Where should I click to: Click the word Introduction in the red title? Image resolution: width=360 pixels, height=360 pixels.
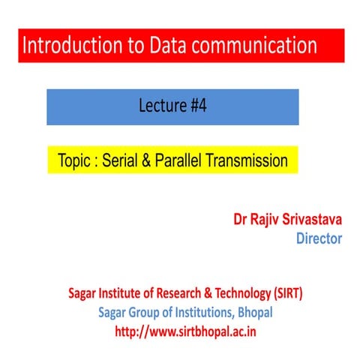pyautogui.click(x=67, y=46)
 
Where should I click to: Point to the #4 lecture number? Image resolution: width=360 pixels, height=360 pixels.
pyautogui.click(x=195, y=106)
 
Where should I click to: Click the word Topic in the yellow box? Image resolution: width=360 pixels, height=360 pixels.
pyautogui.click(x=74, y=161)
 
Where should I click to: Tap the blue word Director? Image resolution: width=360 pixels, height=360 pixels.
pyautogui.click(x=319, y=239)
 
